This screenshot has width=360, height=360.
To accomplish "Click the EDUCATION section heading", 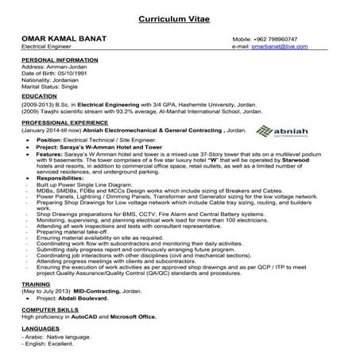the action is [40, 95].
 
